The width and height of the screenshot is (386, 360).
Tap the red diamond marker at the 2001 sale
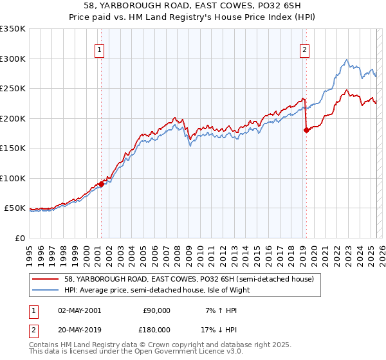coord(101,184)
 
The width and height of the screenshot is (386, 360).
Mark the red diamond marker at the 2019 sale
coord(306,130)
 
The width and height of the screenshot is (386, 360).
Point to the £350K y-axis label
coord(13,29)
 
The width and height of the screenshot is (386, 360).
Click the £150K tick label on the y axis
coord(13,148)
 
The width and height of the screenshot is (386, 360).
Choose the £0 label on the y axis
coord(21,238)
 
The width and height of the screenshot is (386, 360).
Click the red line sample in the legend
coord(46,279)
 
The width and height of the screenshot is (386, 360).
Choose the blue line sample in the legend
coord(46,290)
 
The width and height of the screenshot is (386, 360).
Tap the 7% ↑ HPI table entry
coord(221,310)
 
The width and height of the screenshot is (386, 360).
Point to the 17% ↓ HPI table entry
coord(221,329)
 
